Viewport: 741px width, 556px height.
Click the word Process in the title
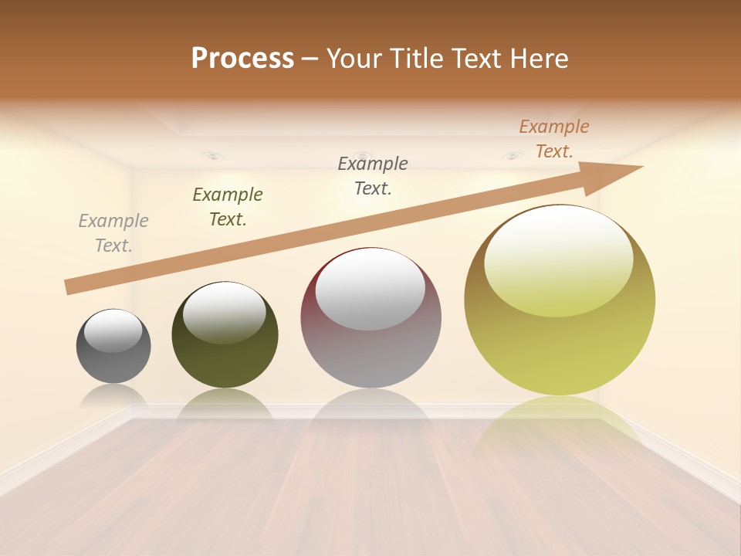coord(242,58)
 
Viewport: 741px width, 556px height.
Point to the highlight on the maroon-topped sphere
coord(370,287)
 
